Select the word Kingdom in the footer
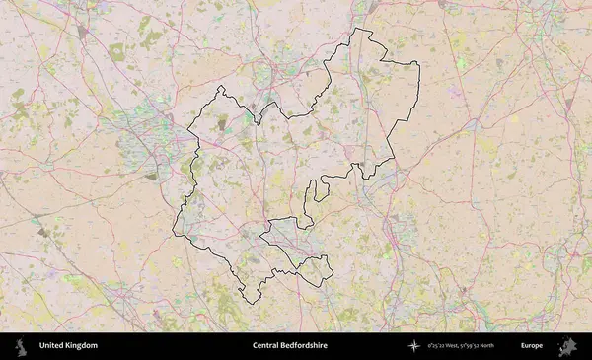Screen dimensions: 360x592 click(x=82, y=346)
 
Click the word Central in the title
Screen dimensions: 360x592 click(x=266, y=346)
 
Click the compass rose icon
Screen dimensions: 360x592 click(x=414, y=346)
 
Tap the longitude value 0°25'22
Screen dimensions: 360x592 click(x=439, y=346)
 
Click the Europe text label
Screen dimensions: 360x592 click(x=532, y=346)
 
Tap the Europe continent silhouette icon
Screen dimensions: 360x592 click(x=567, y=346)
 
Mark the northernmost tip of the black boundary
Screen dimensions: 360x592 click(x=355, y=28)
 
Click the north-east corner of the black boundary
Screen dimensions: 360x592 click(x=418, y=64)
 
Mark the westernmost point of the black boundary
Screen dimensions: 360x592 click(x=173, y=232)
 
